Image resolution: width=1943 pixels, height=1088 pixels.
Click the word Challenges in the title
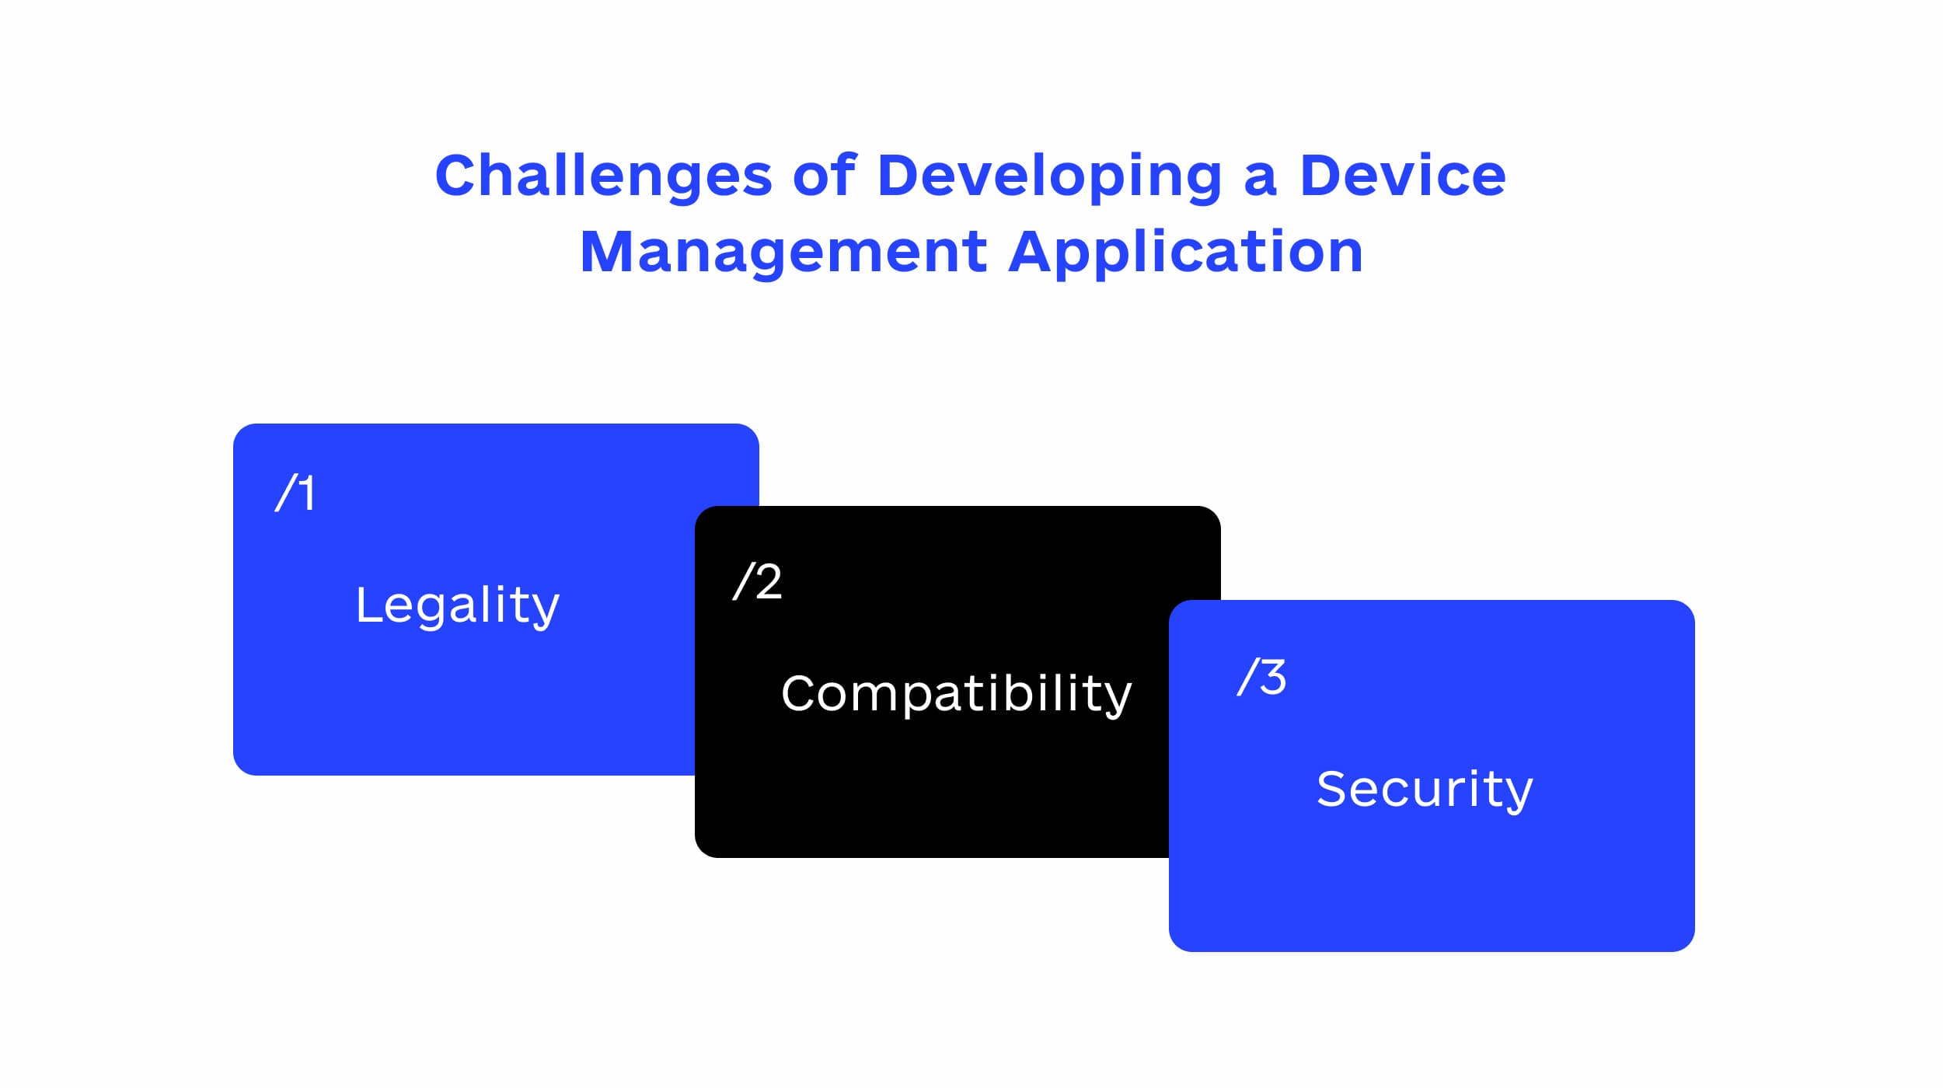coord(603,176)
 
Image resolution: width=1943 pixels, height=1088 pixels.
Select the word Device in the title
coord(1402,175)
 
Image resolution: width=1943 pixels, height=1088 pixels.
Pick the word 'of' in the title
coord(825,175)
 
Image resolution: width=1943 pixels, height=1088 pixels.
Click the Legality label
coord(458,607)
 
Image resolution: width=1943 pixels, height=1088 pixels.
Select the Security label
coord(1425,790)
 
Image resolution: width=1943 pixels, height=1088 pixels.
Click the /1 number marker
coord(295,493)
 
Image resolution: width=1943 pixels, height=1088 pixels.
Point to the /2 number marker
coord(757,581)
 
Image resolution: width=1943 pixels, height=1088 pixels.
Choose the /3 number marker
coord(1261,677)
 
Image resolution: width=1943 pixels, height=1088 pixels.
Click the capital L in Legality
coord(370,605)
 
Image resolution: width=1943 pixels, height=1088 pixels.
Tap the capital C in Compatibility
coord(801,693)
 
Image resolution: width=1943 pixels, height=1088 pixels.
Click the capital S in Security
coord(1334,789)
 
